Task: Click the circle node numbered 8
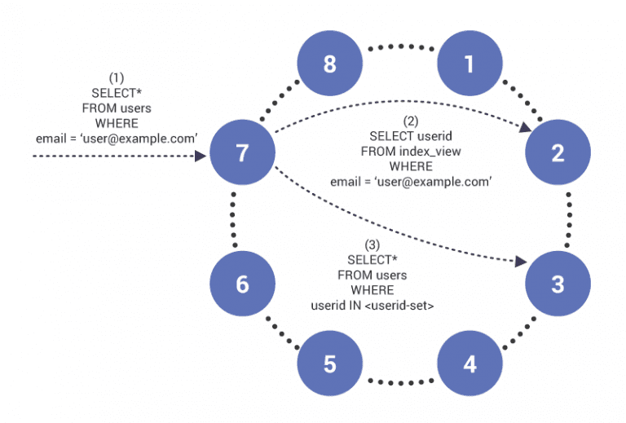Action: (x=328, y=64)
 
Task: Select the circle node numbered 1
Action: (x=469, y=64)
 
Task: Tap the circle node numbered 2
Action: (x=558, y=152)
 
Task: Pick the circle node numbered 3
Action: (x=558, y=284)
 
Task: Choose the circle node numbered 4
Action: (x=469, y=364)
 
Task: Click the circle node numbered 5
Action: (x=329, y=364)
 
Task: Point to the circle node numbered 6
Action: (x=241, y=284)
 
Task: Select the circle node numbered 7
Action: (x=241, y=152)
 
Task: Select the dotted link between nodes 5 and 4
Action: (x=399, y=380)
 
